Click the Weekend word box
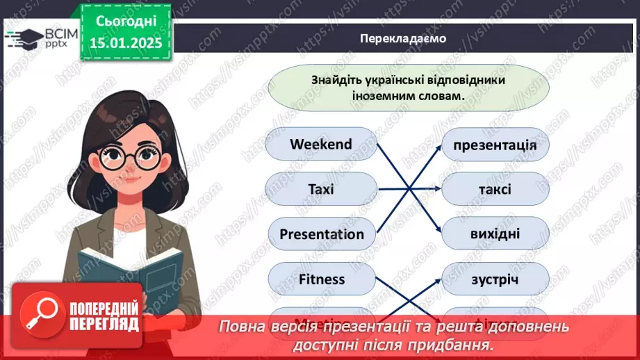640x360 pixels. pyautogui.click(x=321, y=145)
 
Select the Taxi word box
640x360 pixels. pyautogui.click(x=321, y=189)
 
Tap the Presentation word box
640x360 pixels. pyautogui.click(x=321, y=234)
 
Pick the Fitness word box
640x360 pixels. pyautogui.click(x=321, y=279)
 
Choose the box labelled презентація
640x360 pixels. pyautogui.click(x=495, y=145)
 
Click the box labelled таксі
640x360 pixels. pyautogui.click(x=495, y=189)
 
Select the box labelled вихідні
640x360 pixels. pyautogui.click(x=495, y=234)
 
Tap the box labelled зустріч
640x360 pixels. pyautogui.click(x=495, y=279)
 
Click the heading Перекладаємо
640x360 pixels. pyautogui.click(x=403, y=39)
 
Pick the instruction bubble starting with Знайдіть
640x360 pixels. pyautogui.click(x=408, y=88)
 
